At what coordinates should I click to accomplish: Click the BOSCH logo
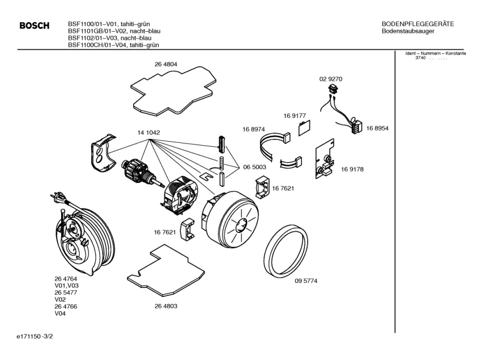coord(34,26)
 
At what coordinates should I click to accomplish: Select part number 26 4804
coord(165,64)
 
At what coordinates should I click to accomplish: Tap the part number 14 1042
coord(148,133)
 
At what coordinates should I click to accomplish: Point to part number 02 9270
coord(330,79)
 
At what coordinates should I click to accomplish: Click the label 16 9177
coord(295,116)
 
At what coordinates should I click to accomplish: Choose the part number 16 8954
coord(377,128)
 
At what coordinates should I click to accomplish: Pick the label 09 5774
coord(306,281)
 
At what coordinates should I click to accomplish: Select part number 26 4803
coord(165,306)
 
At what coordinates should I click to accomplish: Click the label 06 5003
coord(254,167)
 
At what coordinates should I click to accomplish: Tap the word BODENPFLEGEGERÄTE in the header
coord(418,24)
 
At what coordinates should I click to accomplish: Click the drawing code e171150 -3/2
coord(35,337)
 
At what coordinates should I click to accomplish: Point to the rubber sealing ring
coord(285,251)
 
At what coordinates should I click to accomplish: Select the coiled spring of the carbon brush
coord(222,163)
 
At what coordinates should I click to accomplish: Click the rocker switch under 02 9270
coord(333,89)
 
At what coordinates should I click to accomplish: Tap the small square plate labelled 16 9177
coord(304,128)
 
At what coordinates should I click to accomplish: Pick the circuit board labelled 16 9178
coord(325,159)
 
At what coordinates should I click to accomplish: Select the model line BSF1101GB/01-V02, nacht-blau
coord(114,31)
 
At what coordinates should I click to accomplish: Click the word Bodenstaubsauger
coord(408,31)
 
